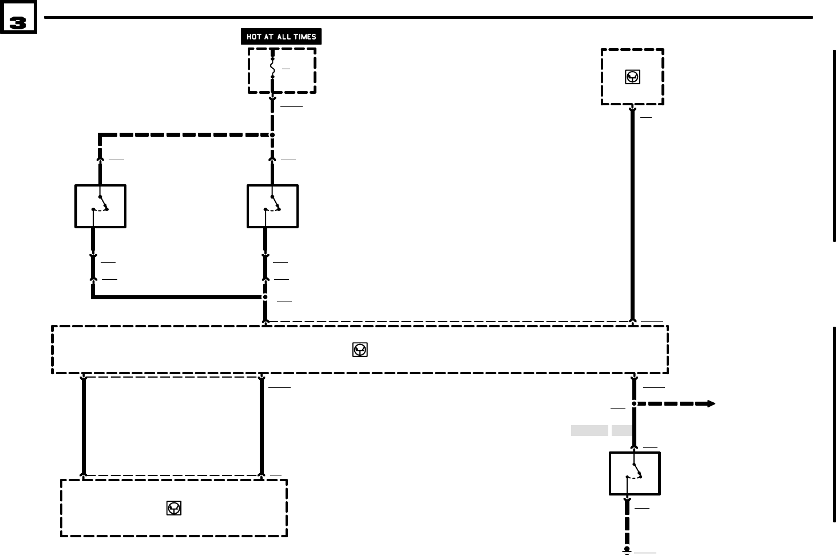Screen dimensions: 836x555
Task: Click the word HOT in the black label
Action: [x=253, y=37]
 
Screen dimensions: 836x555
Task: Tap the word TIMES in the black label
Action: [x=304, y=37]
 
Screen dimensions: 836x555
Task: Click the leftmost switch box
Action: [x=100, y=206]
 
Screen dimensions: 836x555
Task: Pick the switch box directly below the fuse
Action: [x=272, y=206]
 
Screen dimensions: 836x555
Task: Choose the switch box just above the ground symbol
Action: [x=635, y=473]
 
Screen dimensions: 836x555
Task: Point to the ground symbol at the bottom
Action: [x=627, y=550]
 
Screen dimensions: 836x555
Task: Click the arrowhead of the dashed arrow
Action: [x=711, y=403]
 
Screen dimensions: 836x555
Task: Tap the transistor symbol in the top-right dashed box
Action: [x=632, y=77]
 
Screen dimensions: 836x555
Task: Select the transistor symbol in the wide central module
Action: [x=360, y=350]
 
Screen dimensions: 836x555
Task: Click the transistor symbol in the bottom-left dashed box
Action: [x=174, y=508]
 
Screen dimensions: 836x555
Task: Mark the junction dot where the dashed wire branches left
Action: [x=272, y=135]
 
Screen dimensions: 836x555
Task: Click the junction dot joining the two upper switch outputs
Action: [x=265, y=297]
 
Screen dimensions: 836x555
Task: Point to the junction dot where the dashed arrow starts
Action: [x=634, y=403]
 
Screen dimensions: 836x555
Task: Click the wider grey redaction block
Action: [x=589, y=430]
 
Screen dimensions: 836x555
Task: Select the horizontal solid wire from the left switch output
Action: [x=177, y=297]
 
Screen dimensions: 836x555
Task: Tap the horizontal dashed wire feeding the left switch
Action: [x=183, y=135]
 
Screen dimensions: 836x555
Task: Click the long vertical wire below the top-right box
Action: [x=632, y=217]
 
